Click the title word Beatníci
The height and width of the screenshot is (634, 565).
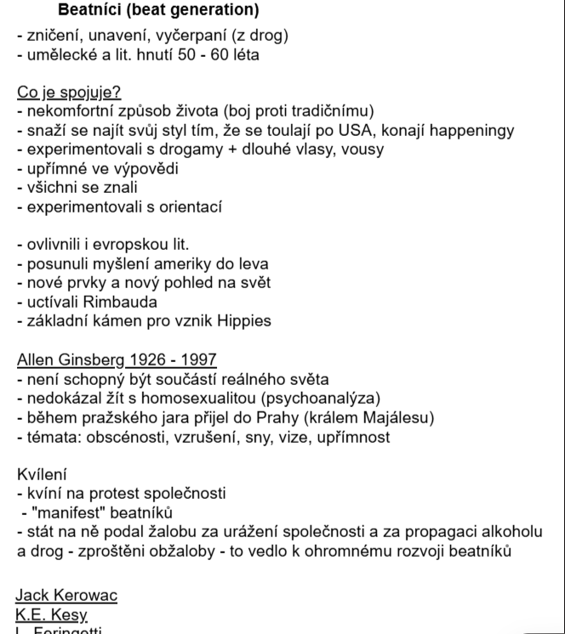93,11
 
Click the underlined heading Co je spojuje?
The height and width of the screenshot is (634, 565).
69,93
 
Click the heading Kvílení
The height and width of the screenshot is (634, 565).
42,473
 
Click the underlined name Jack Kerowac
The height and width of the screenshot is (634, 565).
67,595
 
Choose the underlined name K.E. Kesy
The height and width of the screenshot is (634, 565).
52,614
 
